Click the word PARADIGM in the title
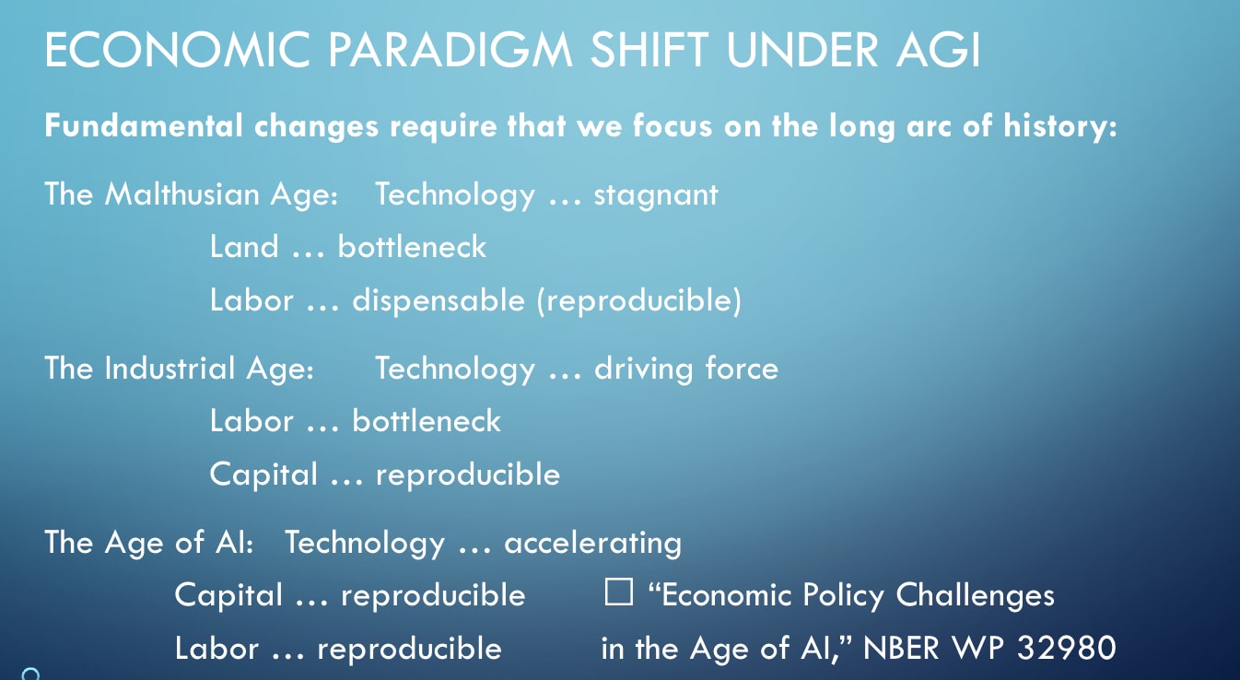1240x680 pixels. tap(450, 50)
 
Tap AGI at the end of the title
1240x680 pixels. tap(939, 50)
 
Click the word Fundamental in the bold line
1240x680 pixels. tap(144, 125)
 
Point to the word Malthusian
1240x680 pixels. tap(182, 194)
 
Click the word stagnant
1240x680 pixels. tap(656, 195)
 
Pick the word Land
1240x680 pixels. tap(244, 247)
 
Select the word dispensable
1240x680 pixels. tap(439, 300)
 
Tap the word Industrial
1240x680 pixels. tap(170, 369)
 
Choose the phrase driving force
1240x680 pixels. tap(686, 369)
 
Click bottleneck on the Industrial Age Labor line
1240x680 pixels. tap(427, 421)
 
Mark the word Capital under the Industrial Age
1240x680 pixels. tap(264, 475)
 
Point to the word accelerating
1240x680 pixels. tap(593, 544)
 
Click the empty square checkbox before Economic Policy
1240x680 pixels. tap(619, 592)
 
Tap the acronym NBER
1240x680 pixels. tap(901, 648)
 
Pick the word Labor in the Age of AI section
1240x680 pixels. tap(217, 649)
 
